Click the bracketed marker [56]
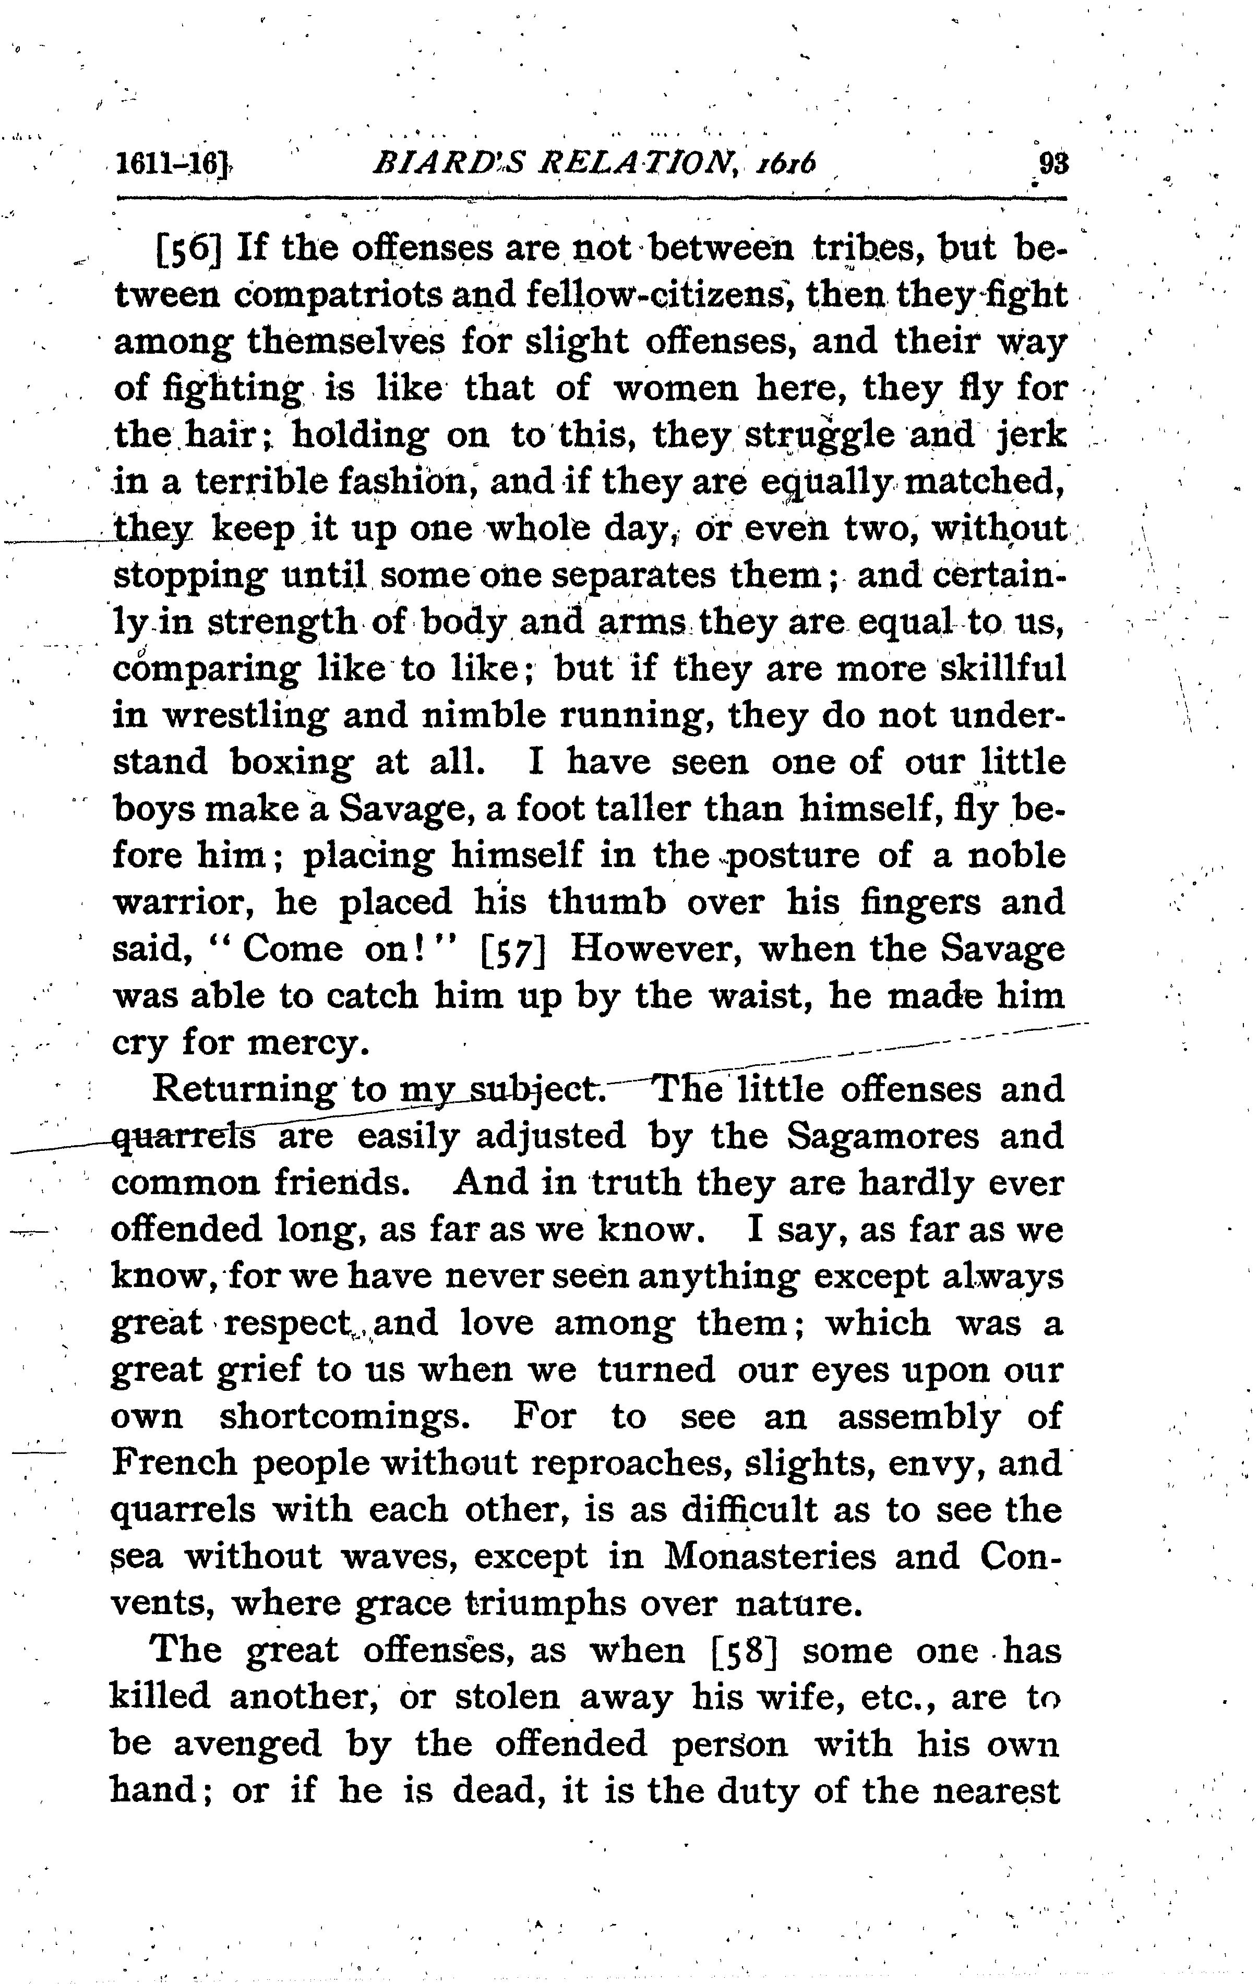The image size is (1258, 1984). click(x=189, y=248)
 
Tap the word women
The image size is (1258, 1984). click(x=676, y=388)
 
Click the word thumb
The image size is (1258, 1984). click(x=607, y=902)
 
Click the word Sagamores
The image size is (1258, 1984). click(x=882, y=1137)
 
